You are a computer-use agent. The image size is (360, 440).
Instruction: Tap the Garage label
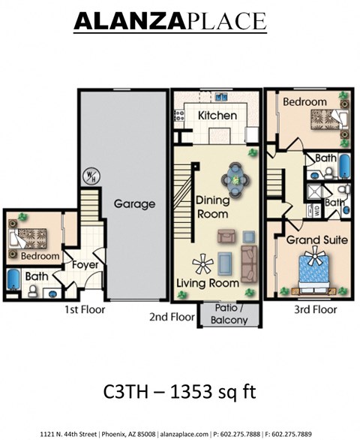coord(134,203)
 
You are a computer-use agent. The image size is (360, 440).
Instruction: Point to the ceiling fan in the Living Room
coord(202,263)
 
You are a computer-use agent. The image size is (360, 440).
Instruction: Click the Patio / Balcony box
coord(229,316)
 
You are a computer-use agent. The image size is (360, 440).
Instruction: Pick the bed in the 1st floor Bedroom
coord(22,237)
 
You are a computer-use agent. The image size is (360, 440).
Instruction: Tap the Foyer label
coord(83,264)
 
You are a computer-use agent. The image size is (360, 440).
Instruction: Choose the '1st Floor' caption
coord(84,309)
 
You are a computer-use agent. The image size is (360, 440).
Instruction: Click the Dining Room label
coord(213,207)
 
